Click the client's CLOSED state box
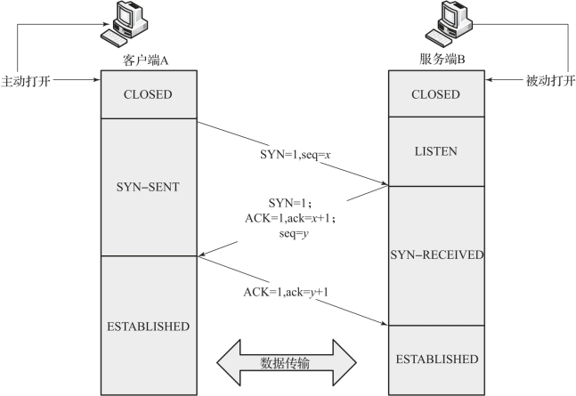(x=148, y=94)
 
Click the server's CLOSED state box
(x=438, y=94)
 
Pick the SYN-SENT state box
(x=148, y=187)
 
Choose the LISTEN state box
(x=438, y=151)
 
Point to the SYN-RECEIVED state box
(x=438, y=255)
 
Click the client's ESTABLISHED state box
(x=148, y=326)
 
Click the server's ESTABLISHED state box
(x=438, y=360)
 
